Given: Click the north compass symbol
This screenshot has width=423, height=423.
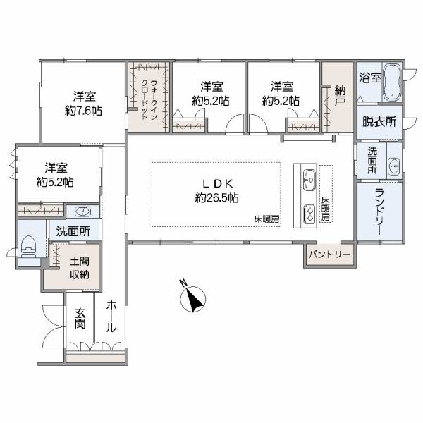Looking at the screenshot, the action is [192, 298].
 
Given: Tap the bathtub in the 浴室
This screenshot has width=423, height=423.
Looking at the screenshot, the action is [392, 82].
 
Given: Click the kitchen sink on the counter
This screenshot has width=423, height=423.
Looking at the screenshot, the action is [309, 179].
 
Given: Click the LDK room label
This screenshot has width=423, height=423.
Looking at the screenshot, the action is [217, 184].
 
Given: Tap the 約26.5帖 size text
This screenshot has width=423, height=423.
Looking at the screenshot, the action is [216, 199].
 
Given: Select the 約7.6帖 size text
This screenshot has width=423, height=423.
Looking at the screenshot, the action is [83, 111].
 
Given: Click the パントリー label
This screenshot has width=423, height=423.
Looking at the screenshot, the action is [331, 255].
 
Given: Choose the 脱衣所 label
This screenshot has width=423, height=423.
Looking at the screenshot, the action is [379, 122].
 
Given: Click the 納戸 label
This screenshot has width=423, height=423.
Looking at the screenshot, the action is [340, 96].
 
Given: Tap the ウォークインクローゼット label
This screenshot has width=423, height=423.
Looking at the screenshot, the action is [149, 99].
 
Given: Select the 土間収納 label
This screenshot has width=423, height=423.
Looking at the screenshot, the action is [80, 268].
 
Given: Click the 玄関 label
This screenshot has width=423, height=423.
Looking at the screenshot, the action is [80, 318].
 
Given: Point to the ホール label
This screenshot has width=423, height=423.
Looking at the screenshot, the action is [111, 317].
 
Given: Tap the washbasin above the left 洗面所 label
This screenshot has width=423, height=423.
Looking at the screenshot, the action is [82, 211].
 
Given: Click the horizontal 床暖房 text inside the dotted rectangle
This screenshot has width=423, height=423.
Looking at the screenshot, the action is [266, 219].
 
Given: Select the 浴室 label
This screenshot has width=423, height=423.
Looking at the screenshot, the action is [370, 78].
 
